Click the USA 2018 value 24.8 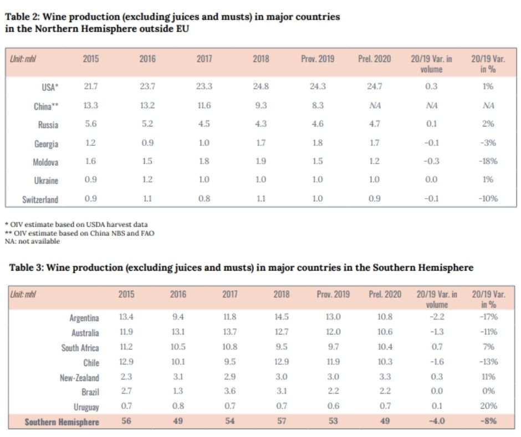260,87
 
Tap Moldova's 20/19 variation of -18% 488,161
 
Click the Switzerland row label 40,199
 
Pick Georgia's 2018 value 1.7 260,143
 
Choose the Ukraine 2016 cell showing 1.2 147,180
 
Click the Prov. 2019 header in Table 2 318,59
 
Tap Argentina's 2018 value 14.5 281,317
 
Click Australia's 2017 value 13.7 229,332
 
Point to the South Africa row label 80,348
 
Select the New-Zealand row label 80,378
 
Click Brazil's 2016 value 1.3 178,392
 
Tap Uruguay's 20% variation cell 488,407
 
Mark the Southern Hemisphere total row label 62,422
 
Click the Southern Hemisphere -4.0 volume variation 437,421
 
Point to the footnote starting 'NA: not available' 32,241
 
